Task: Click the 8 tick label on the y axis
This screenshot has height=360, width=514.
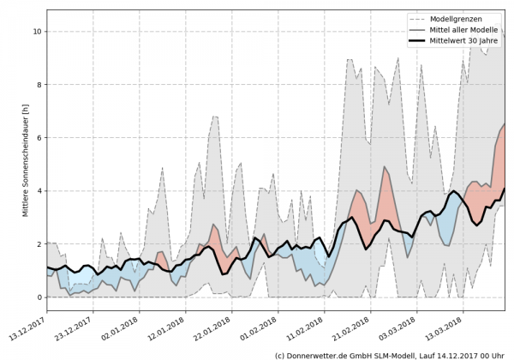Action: click(x=38, y=85)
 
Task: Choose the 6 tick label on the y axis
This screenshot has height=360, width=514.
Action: click(x=38, y=138)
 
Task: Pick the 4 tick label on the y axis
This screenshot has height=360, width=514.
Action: click(x=38, y=191)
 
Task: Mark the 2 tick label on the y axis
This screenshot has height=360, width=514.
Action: click(x=38, y=244)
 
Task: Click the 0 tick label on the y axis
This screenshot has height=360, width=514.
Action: click(x=38, y=297)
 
